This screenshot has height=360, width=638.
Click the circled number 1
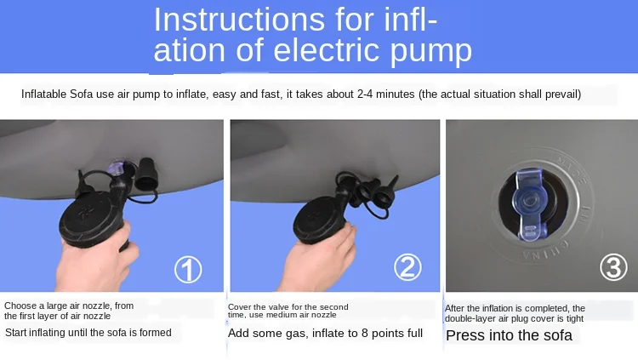coord(188,270)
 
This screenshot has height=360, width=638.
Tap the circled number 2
coord(407,267)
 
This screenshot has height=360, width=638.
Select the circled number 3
coord(613,267)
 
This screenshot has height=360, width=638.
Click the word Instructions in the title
coord(239,19)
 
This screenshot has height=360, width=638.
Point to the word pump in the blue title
coord(431,52)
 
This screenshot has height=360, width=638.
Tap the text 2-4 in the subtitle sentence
coord(366,94)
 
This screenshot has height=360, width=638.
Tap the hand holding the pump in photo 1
coord(97,256)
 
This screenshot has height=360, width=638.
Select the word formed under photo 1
coord(155,332)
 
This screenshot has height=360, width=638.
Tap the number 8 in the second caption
coord(365,333)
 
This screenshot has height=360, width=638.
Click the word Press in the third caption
coord(464,335)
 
